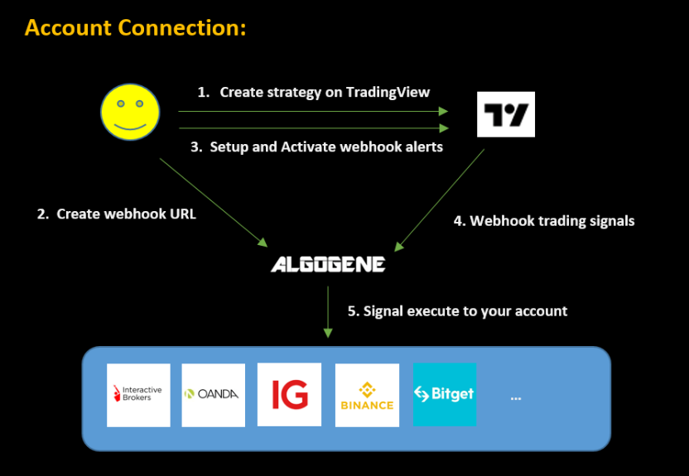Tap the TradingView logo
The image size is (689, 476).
tap(506, 114)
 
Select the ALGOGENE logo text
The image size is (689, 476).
tap(328, 265)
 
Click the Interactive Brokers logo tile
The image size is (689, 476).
tap(138, 395)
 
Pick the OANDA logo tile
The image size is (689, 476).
tap(213, 395)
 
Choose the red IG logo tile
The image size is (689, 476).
tap(289, 394)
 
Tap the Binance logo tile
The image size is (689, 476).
tap(367, 395)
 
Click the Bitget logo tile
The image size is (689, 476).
tap(445, 394)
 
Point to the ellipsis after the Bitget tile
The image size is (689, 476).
tap(516, 397)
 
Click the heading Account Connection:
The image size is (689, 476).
tap(136, 27)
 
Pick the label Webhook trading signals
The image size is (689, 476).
tap(543, 221)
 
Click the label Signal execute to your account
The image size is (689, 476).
tap(457, 310)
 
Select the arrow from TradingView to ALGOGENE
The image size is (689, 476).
tap(440, 200)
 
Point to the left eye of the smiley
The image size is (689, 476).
tap(121, 104)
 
